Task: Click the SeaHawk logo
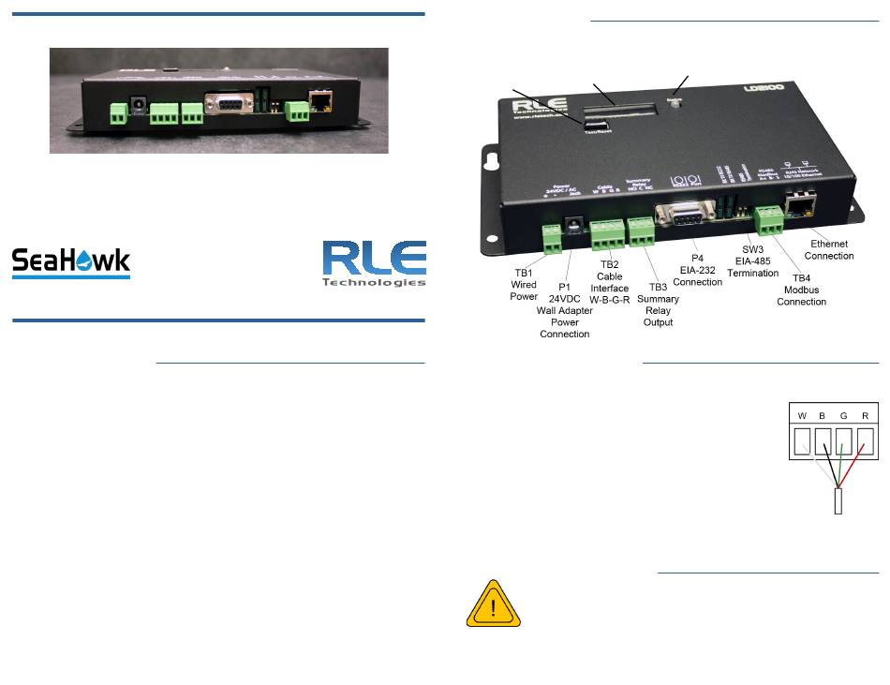(70, 261)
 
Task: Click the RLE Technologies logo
(374, 263)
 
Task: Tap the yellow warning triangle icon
(492, 603)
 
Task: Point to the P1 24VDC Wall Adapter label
(565, 310)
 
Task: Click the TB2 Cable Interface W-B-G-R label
(609, 278)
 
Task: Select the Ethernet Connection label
(829, 249)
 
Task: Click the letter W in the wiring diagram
(802, 416)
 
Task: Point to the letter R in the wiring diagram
(865, 416)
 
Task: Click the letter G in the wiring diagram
(844, 416)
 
